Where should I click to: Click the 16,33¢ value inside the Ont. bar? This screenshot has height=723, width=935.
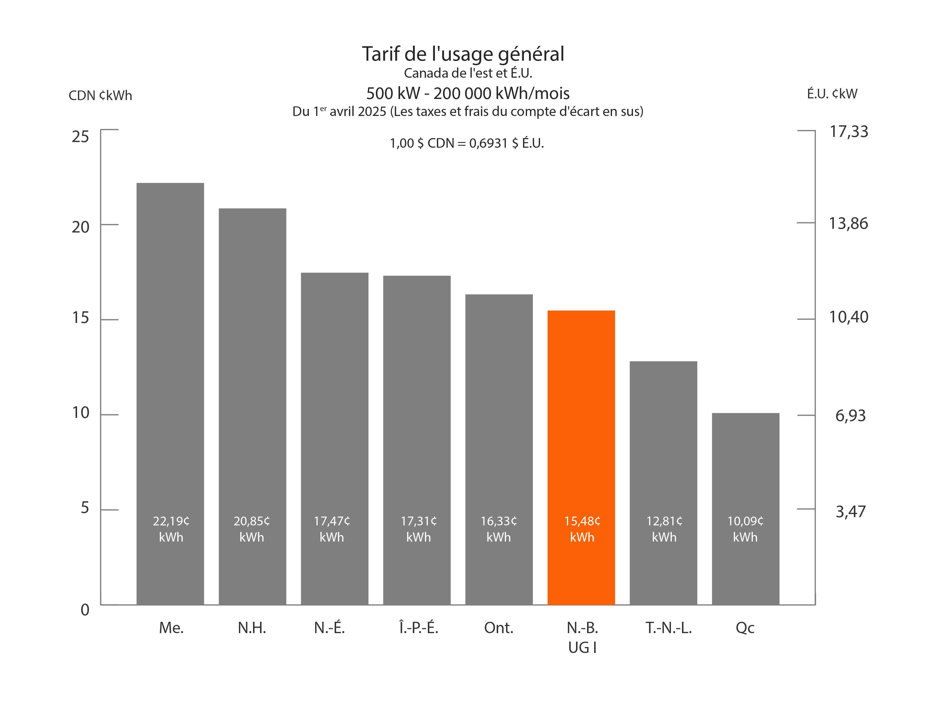click(x=499, y=521)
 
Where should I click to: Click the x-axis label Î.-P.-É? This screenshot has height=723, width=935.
click(x=418, y=628)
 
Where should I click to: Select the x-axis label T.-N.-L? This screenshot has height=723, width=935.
click(x=668, y=628)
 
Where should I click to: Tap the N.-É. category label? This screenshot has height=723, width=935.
click(x=329, y=628)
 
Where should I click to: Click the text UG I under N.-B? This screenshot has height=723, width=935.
click(x=582, y=648)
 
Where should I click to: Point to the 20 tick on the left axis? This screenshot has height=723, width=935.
click(x=80, y=227)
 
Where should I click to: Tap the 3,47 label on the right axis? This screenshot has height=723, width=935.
click(x=850, y=511)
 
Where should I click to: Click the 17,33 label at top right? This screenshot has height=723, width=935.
click(x=849, y=132)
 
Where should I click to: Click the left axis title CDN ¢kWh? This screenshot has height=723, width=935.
click(x=100, y=95)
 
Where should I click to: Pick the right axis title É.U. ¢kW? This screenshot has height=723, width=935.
click(x=832, y=94)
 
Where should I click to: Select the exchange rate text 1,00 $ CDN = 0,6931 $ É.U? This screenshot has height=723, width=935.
click(x=467, y=143)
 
